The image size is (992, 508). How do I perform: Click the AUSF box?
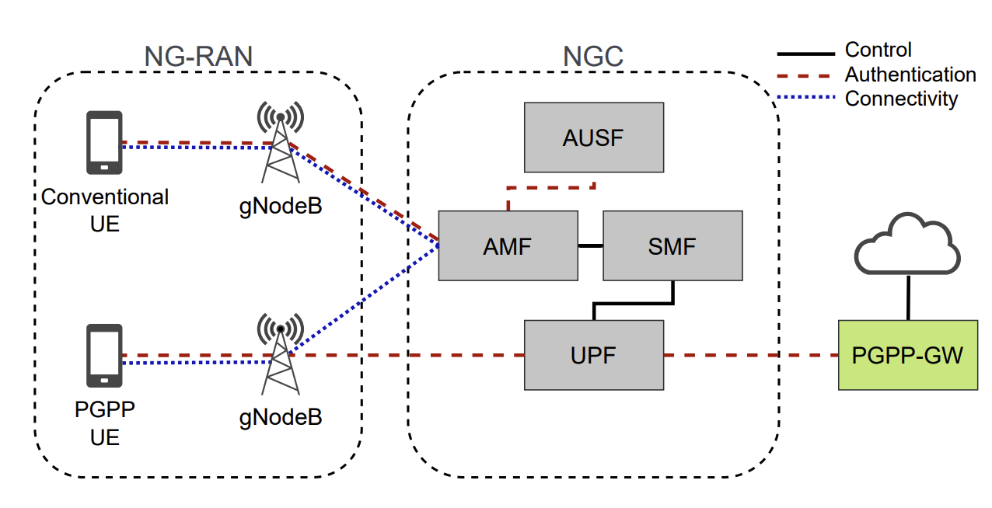tap(594, 137)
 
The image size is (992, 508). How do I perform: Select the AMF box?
tap(508, 245)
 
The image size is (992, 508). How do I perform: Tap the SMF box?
tap(672, 245)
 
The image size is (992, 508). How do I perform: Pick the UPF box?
tap(594, 355)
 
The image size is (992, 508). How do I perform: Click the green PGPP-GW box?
tap(907, 355)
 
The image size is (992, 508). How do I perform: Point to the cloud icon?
tap(907, 245)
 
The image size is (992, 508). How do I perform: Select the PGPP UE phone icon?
tap(104, 355)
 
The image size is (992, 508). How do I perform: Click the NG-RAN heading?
tap(199, 56)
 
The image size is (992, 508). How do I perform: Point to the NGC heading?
tap(593, 56)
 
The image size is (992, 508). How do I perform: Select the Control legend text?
tap(878, 50)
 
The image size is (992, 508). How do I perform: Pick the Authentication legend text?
tap(910, 75)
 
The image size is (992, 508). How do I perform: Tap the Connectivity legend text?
tap(901, 99)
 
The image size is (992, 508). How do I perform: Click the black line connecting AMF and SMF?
tap(590, 245)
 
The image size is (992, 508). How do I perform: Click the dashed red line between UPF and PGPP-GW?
tap(750, 355)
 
